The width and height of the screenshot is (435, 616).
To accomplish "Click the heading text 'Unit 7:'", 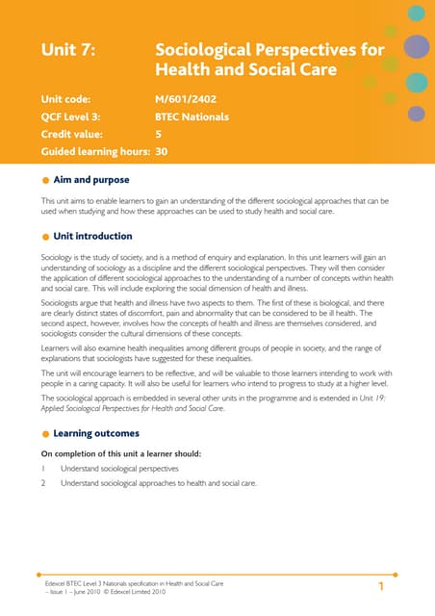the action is coord(67,50).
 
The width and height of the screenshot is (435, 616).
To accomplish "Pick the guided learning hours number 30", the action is coord(162,151).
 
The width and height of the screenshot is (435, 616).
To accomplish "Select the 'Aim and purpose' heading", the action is coord(91,180).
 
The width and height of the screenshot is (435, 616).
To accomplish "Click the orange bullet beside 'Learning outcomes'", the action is coord(45,434).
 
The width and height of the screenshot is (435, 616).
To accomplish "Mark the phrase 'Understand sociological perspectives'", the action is coord(119,469).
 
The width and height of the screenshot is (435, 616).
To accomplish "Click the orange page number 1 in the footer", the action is coord(381,586).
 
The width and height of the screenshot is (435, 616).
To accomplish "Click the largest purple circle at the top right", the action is coord(415,46).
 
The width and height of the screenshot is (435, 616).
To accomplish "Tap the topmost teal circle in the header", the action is coord(415,13).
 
